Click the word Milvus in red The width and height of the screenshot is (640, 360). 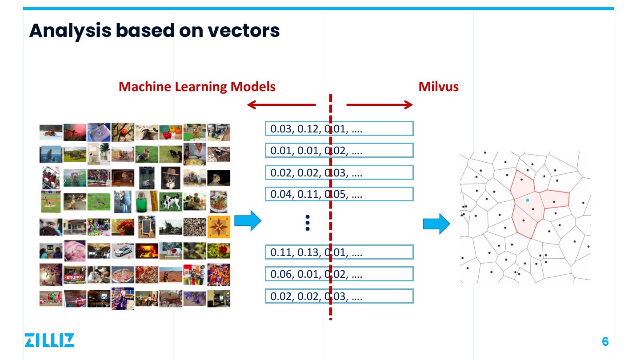pyautogui.click(x=438, y=86)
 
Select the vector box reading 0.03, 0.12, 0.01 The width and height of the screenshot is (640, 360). pyautogui.click(x=339, y=129)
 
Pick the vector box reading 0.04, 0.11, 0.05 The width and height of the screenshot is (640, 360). pyautogui.click(x=339, y=194)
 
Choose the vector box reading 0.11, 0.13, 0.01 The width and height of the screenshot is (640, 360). pyautogui.click(x=339, y=252)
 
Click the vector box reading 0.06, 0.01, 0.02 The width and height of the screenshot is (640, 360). pyautogui.click(x=339, y=274)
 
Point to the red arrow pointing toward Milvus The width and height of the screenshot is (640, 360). pyautogui.click(x=380, y=105)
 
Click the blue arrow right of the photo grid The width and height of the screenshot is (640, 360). pyautogui.click(x=248, y=221)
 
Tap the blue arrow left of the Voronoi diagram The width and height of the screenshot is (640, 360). pyautogui.click(x=436, y=224)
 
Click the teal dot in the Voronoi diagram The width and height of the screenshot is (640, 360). pyautogui.click(x=528, y=200)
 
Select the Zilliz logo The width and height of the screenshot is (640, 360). pyautogui.click(x=49, y=340)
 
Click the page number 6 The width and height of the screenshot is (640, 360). pyautogui.click(x=605, y=341)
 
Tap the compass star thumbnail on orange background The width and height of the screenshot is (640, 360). pyautogui.click(x=219, y=227)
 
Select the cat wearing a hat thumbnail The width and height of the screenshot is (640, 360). pyautogui.click(x=171, y=178)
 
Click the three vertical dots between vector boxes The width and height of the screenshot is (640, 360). pyautogui.click(x=308, y=223)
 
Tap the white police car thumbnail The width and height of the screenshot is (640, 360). pyautogui.click(x=123, y=251)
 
